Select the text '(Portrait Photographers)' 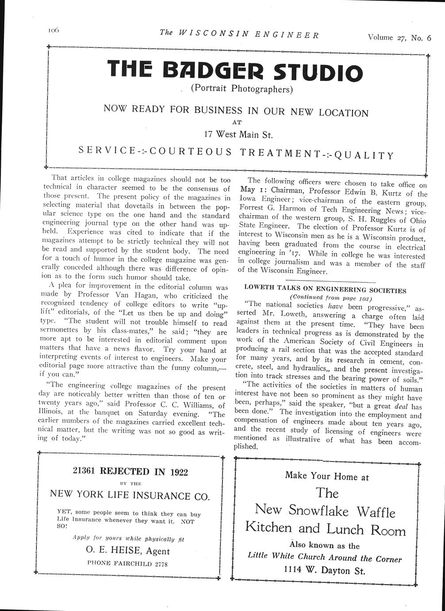pos(242,88)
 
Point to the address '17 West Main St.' pos(238,133)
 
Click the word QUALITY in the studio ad pos(364,155)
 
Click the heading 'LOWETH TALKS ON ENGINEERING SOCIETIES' pos(325,290)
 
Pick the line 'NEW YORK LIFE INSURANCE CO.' pos(130,495)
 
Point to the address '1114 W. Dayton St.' pos(324,570)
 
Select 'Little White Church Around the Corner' pos(324,558)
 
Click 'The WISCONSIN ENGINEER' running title pos(239,34)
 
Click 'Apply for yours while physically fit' pos(128,539)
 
